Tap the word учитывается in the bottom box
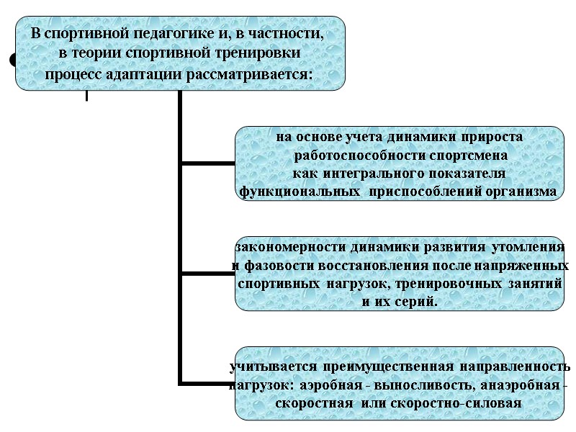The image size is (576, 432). pyautogui.click(x=271, y=367)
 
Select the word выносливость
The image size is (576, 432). pyautogui.click(x=424, y=385)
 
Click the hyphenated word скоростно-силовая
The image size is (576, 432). pyautogui.click(x=459, y=402)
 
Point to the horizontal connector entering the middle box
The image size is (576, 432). pyautogui.click(x=209, y=274)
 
